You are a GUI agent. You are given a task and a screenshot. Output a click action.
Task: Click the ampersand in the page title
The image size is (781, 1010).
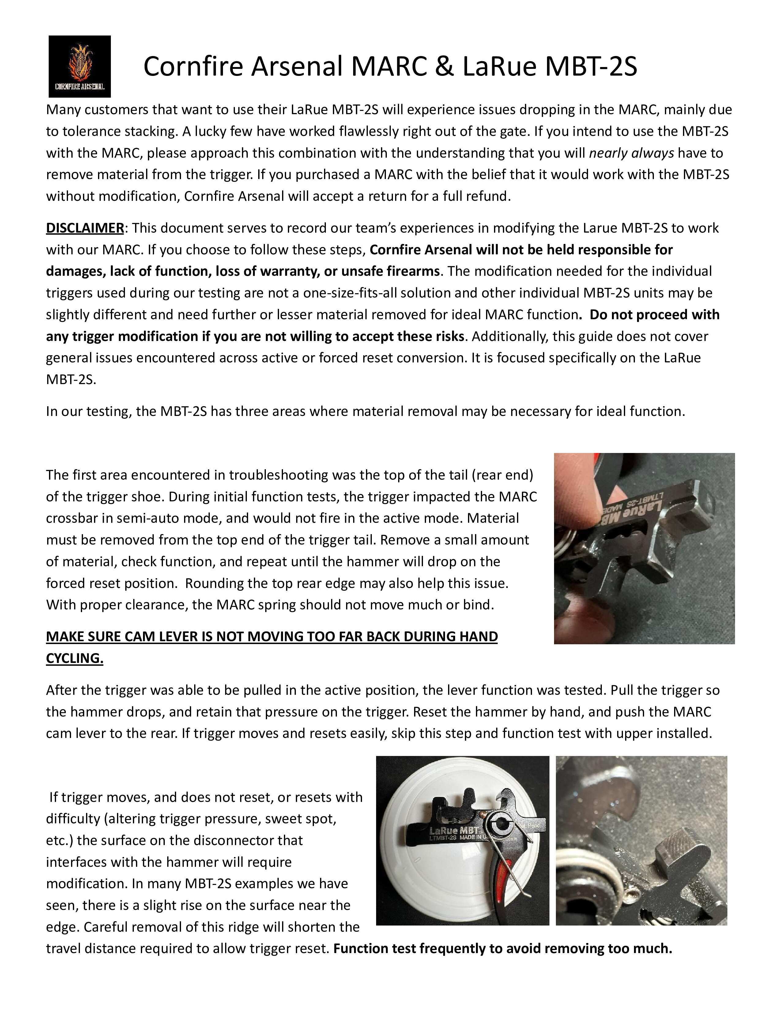[446, 66]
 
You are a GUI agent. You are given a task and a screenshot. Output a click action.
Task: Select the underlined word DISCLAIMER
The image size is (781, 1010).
[85, 228]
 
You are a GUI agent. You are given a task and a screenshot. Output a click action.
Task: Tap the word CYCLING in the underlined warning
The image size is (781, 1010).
[74, 658]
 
